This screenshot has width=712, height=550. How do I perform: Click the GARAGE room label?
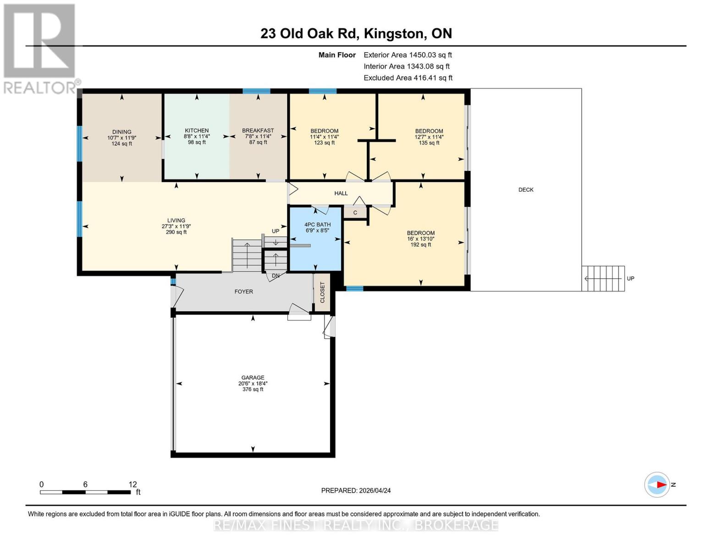[253, 378]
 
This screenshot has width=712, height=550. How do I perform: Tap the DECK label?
[526, 190]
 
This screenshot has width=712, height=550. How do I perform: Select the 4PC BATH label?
[317, 225]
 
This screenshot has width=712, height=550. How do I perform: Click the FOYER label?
[243, 291]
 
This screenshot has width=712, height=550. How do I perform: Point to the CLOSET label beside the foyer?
[322, 292]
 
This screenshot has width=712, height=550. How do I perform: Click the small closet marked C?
[355, 213]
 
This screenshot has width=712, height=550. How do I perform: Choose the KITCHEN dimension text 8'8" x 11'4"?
[197, 137]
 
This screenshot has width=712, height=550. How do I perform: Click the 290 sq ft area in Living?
[176, 232]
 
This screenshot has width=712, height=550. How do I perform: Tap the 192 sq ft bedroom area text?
[420, 245]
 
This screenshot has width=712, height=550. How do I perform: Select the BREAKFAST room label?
[258, 131]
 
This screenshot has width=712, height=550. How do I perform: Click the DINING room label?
[121, 132]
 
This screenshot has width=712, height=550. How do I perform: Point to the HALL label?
[341, 193]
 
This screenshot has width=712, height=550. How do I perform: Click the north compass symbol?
[657, 484]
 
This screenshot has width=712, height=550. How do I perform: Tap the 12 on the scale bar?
[132, 484]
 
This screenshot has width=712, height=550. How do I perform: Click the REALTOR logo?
[40, 48]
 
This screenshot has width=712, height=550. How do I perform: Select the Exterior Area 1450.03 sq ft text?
[408, 55]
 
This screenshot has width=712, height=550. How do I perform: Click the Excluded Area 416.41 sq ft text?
[408, 78]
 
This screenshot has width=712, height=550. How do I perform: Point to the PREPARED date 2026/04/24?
[356, 490]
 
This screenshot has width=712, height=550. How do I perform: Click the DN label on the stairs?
[276, 275]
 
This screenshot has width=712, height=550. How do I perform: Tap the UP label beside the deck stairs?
[630, 279]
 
